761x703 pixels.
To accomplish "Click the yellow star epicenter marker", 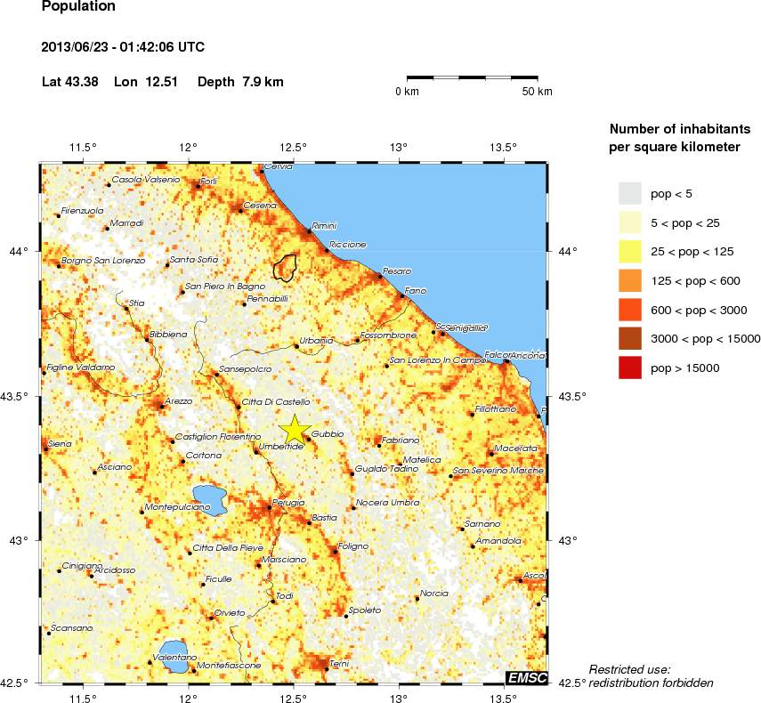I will tap(294, 429).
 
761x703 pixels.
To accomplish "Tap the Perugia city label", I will tap(288, 503).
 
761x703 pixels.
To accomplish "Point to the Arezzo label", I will tap(178, 401).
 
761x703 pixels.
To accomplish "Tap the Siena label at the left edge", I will tap(59, 443).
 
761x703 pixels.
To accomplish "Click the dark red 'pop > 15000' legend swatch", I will tap(629, 367).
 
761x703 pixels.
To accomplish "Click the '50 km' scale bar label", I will tap(537, 92).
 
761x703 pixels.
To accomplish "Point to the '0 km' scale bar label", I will tap(407, 92).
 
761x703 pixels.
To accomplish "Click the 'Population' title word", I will tap(78, 6).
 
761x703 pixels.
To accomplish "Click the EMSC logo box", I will tap(526, 677).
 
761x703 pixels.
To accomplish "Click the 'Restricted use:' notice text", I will tap(629, 669).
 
